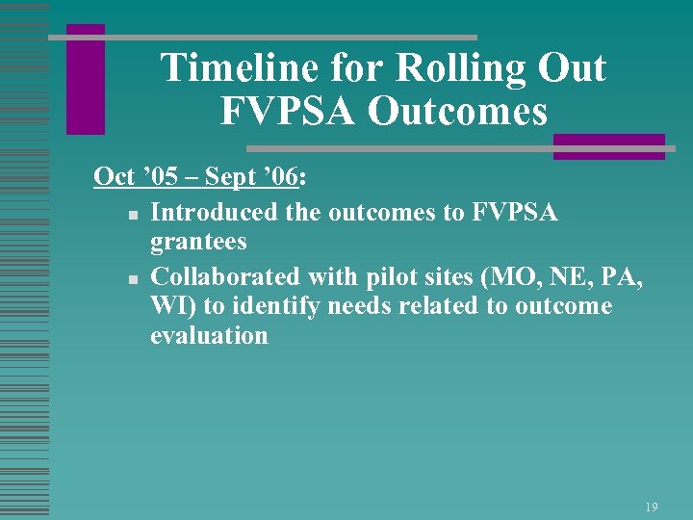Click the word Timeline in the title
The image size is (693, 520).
click(x=226, y=69)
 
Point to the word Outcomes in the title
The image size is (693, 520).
click(x=457, y=111)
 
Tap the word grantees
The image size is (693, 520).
click(x=198, y=242)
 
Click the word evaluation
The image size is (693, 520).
click(x=209, y=336)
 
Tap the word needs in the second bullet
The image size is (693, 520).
click(x=361, y=305)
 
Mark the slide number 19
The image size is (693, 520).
click(x=652, y=506)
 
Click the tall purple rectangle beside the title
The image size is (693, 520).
click(x=86, y=79)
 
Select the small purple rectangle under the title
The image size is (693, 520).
click(x=608, y=146)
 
